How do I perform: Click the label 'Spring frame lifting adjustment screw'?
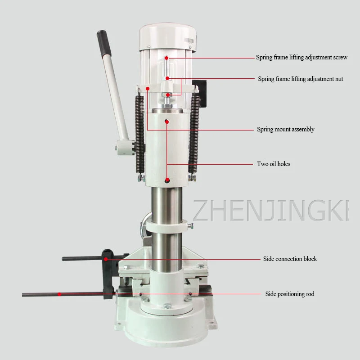(x=301, y=57)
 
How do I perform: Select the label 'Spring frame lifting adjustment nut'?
(x=300, y=79)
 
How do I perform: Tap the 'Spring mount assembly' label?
(x=285, y=129)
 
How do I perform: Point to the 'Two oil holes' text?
(x=274, y=164)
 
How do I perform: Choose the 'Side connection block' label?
(x=290, y=259)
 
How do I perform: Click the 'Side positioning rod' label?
(x=290, y=294)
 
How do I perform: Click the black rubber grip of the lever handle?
(x=103, y=43)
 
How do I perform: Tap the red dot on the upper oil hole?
(x=167, y=121)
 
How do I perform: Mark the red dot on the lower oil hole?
(x=167, y=180)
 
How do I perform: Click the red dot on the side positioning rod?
(x=59, y=294)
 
